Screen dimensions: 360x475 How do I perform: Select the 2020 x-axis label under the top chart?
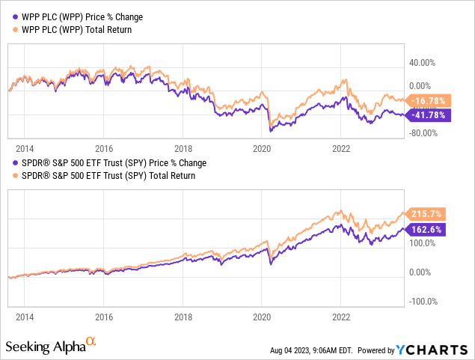point(262,148)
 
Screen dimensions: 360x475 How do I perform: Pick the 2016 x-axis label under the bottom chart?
point(103,317)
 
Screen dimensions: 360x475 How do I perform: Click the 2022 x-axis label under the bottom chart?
point(341,317)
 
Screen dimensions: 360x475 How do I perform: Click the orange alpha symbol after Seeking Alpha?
point(91,342)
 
